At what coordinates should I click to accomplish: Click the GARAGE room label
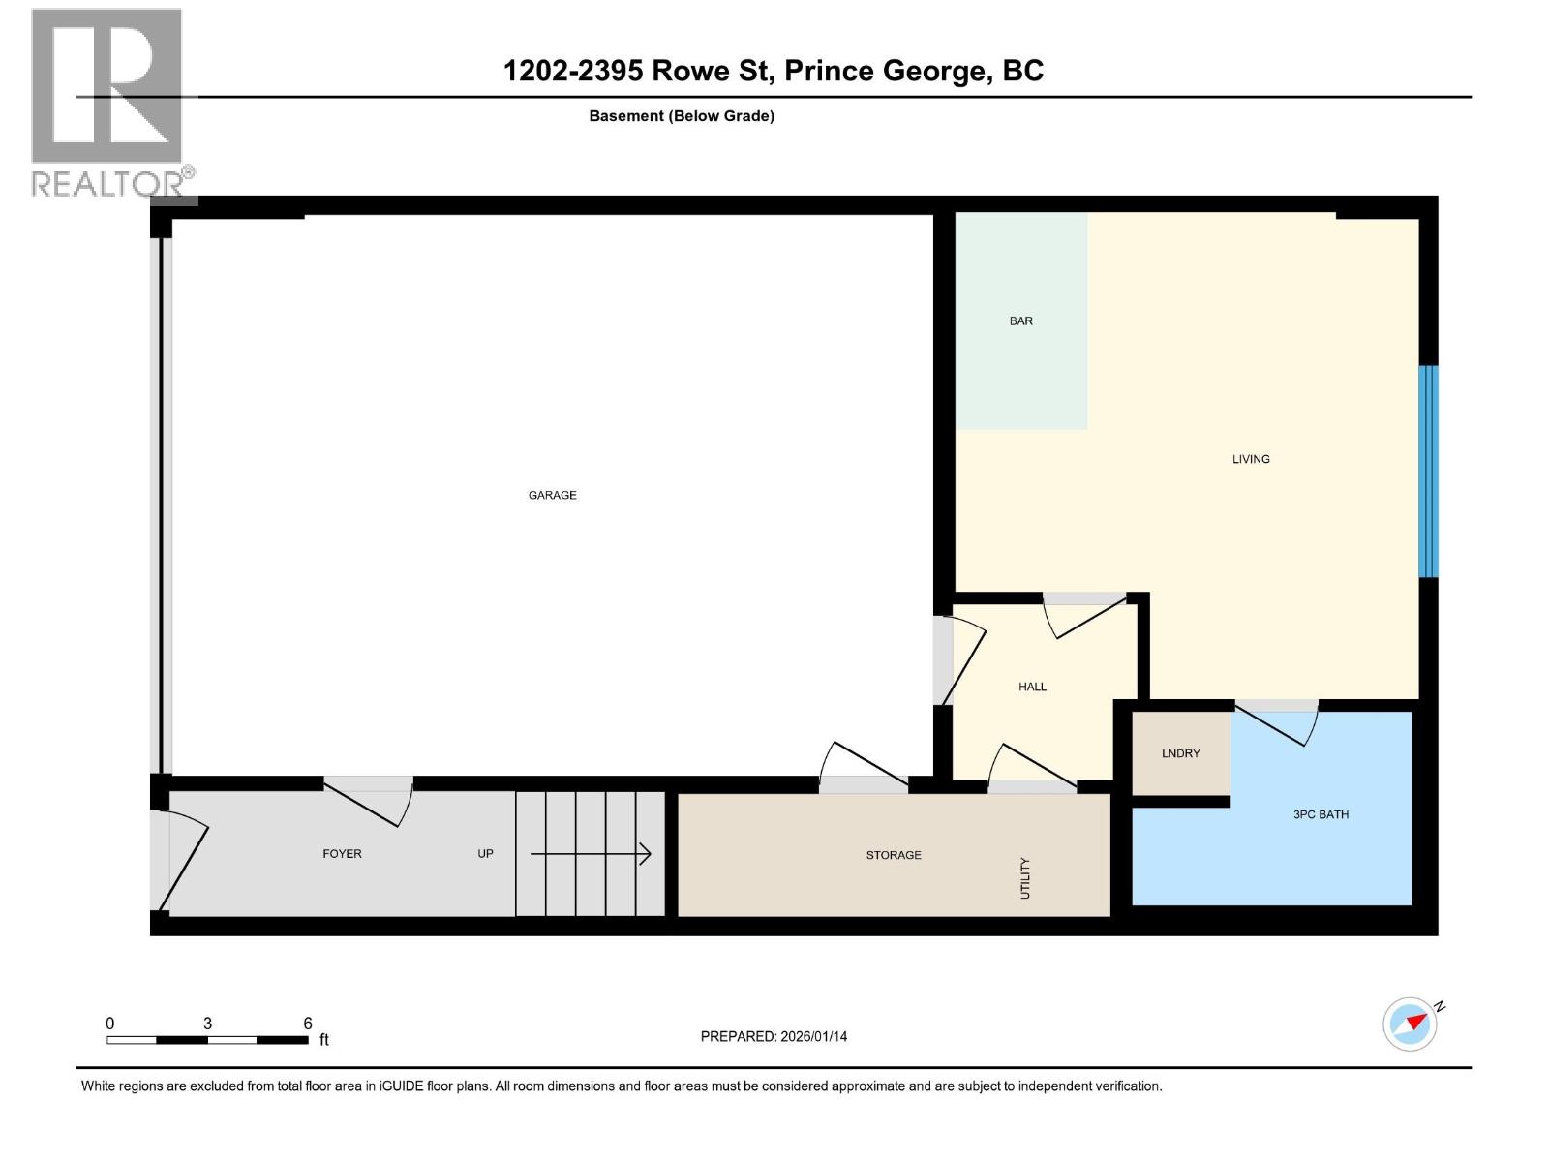point(552,495)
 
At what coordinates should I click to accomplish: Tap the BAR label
point(1020,321)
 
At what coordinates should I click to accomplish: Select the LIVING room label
point(1250,459)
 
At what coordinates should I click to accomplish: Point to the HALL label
point(1032,687)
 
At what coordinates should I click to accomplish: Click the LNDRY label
point(1180,753)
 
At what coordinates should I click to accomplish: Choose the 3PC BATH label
point(1321,814)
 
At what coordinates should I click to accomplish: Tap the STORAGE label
point(893,855)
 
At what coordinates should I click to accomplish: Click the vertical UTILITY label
point(1025,877)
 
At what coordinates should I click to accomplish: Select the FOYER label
point(342,854)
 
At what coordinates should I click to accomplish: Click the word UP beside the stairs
point(485,854)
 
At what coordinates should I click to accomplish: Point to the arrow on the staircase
point(590,854)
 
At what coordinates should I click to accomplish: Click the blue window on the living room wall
point(1428,472)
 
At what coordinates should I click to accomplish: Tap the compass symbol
point(1410,1024)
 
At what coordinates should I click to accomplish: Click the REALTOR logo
point(107,102)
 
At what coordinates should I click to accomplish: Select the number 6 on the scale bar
point(308,1024)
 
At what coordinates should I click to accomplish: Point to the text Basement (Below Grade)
point(682,116)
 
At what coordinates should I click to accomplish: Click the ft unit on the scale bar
point(324,1040)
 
